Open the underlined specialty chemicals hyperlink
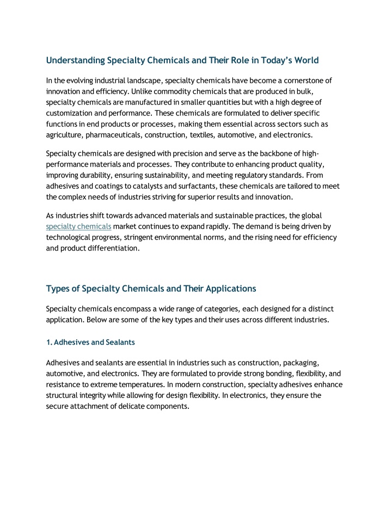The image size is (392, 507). [79, 226]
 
